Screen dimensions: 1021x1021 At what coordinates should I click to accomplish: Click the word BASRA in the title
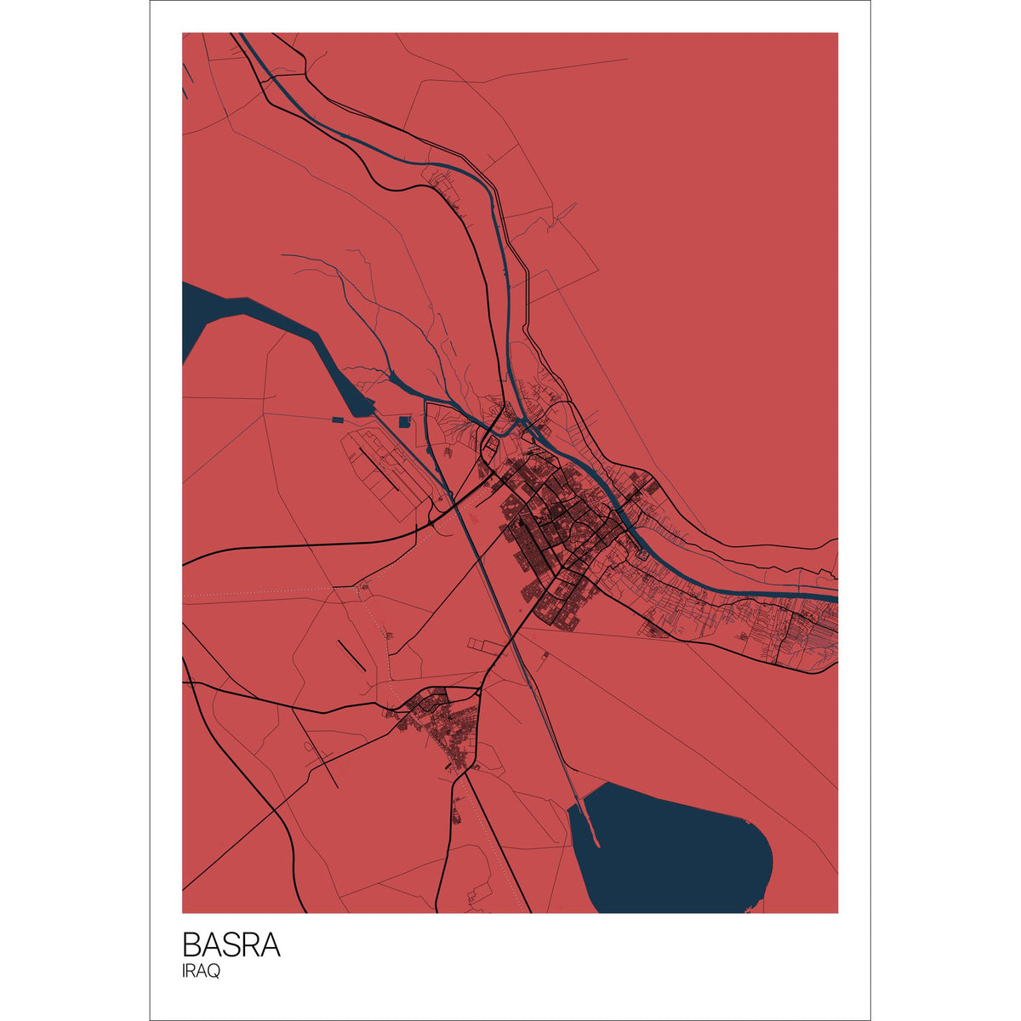point(231,945)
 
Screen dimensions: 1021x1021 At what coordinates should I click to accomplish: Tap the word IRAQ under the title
point(201,972)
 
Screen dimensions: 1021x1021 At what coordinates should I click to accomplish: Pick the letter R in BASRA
point(250,945)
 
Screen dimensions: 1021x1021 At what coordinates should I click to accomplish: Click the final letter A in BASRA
point(270,945)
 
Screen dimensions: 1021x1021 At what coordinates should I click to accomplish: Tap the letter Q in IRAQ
point(214,972)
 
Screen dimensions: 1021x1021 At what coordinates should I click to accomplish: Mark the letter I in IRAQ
point(184,972)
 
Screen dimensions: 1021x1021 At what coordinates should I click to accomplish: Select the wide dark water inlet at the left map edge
point(194,319)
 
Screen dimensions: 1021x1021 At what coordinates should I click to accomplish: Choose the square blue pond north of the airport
point(404,421)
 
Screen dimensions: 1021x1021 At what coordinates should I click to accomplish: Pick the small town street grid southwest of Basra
point(442,723)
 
